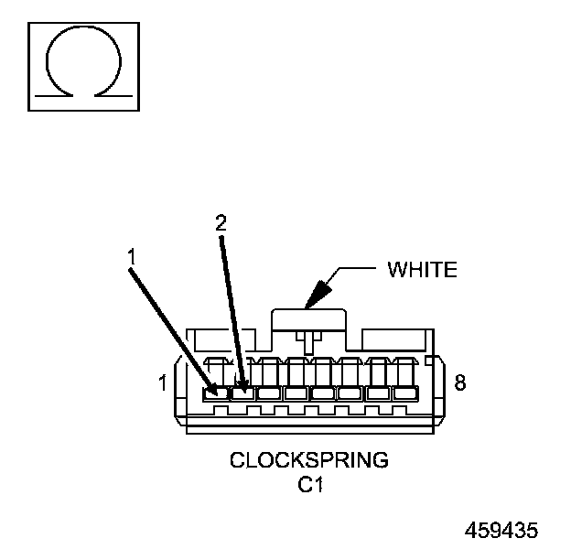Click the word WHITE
[422, 270]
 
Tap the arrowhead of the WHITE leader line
[316, 296]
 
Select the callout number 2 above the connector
[220, 222]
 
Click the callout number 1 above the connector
[132, 257]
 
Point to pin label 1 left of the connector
[163, 383]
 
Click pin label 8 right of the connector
[460, 383]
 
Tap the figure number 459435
[501, 531]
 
